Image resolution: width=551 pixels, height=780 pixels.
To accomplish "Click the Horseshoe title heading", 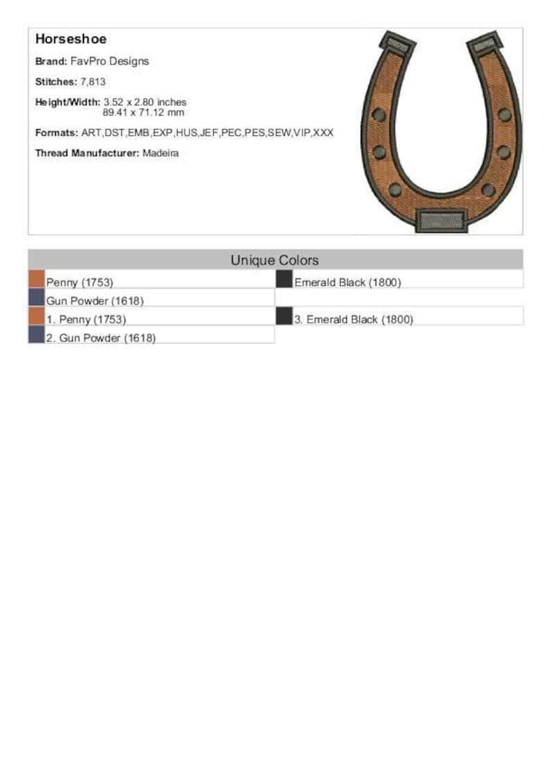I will (71, 40).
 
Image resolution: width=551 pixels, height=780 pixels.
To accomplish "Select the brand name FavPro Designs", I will (110, 61).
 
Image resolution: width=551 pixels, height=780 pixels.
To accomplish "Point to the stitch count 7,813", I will (93, 82).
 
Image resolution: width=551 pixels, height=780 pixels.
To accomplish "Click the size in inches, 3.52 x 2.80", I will (145, 102).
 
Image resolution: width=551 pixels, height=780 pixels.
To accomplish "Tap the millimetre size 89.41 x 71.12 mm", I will (144, 112).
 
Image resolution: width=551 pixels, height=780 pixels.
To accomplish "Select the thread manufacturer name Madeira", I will (160, 153).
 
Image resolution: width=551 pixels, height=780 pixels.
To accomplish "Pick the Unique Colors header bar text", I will (275, 260).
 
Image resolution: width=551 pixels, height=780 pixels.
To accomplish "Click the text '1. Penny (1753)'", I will (86, 319).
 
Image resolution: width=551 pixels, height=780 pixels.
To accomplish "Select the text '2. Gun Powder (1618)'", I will (101, 338).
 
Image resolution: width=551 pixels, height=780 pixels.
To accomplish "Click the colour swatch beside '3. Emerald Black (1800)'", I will (284, 316).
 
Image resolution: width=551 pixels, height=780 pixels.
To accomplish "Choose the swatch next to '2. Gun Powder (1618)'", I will (36, 334).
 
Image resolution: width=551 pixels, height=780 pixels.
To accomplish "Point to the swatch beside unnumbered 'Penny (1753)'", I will (36, 279).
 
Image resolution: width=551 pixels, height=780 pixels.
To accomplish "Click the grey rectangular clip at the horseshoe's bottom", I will (440, 221).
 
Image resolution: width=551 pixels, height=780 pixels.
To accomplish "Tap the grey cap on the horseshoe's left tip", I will (398, 46).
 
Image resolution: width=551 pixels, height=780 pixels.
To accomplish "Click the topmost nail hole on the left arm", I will (379, 115).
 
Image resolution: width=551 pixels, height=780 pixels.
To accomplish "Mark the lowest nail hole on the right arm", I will (488, 189).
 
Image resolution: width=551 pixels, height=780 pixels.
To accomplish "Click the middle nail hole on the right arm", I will (504, 152).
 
